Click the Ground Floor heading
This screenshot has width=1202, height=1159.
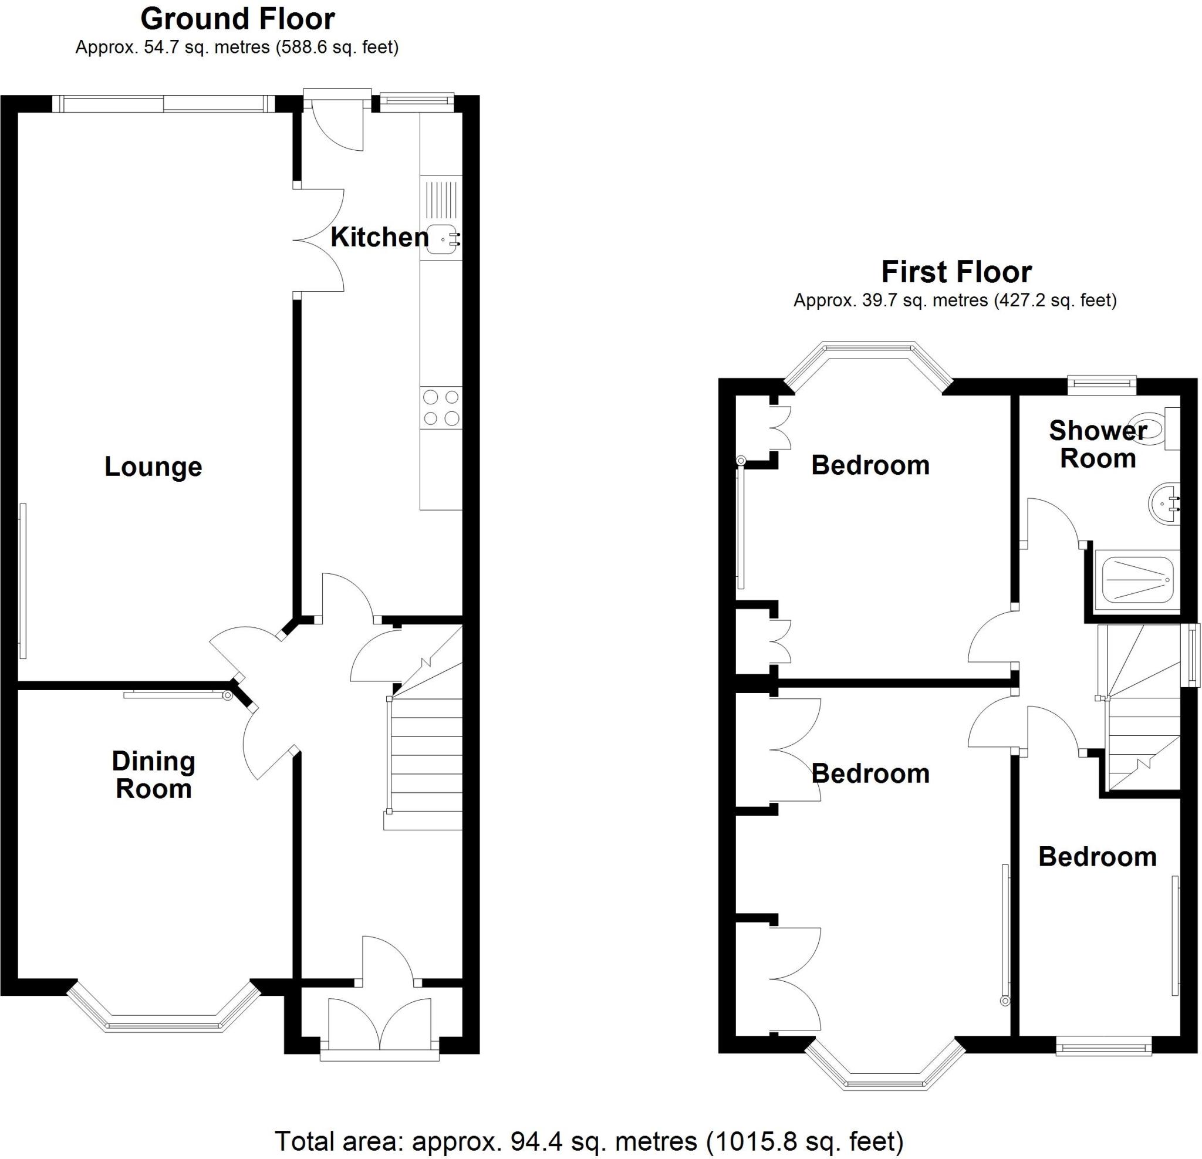pyautogui.click(x=237, y=19)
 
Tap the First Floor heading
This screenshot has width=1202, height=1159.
pyautogui.click(x=956, y=272)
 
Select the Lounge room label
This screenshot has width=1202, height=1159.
pyautogui.click(x=153, y=467)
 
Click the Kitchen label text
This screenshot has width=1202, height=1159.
pyautogui.click(x=380, y=237)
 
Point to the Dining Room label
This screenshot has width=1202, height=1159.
pyautogui.click(x=154, y=775)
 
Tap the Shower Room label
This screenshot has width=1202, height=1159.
pyautogui.click(x=1098, y=445)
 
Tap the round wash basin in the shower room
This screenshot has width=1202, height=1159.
pyautogui.click(x=1163, y=504)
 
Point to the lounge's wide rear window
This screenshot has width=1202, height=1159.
pyautogui.click(x=164, y=104)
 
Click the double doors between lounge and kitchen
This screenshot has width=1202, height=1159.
pyautogui.click(x=318, y=240)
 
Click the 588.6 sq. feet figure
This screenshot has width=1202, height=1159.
pyautogui.click(x=338, y=47)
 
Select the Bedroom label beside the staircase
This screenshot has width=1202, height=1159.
pyautogui.click(x=1097, y=857)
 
